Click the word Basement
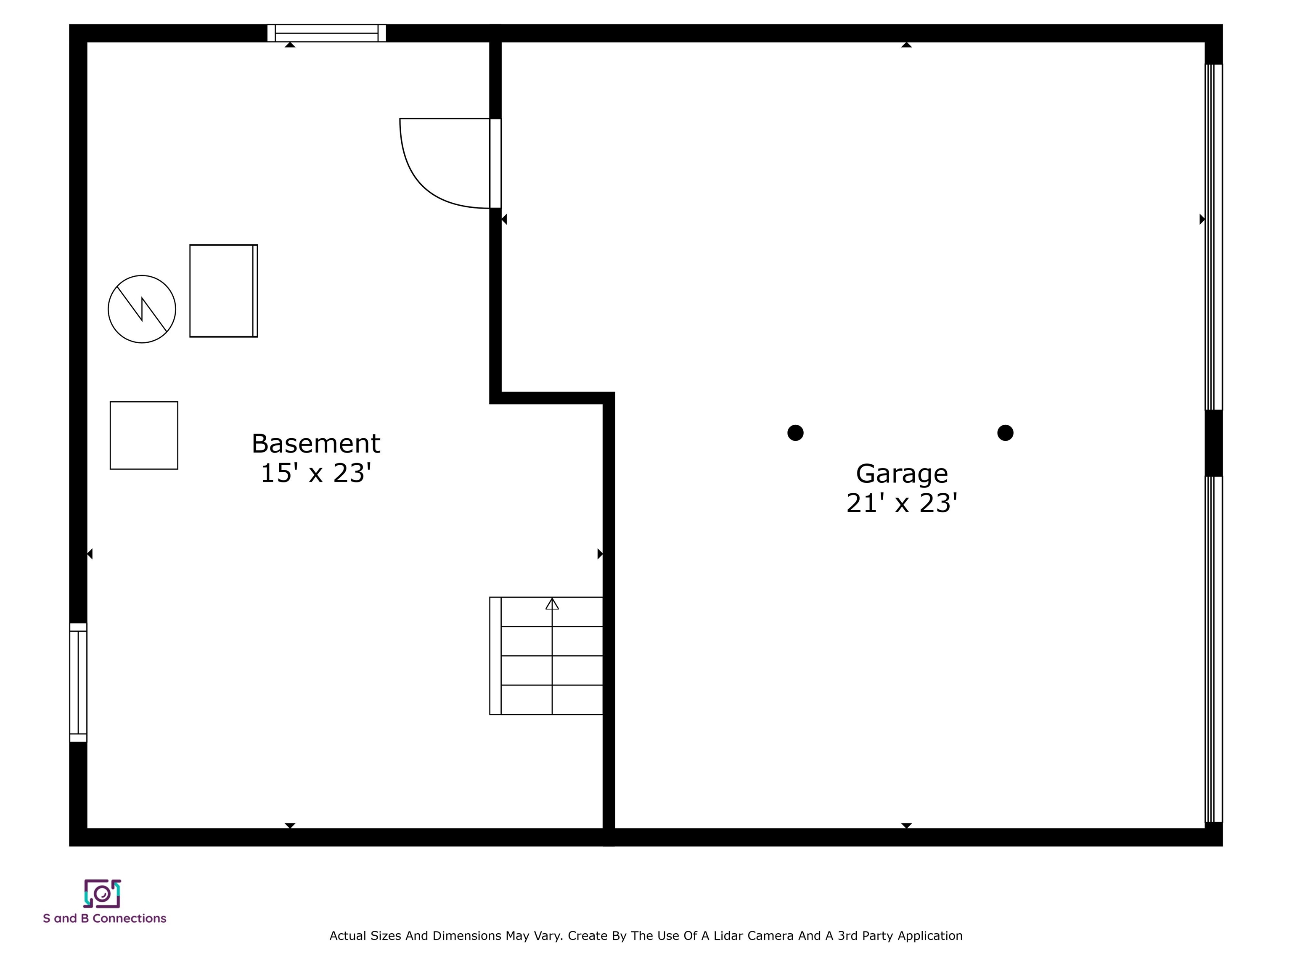315,444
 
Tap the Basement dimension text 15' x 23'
315,474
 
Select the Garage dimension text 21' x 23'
902,503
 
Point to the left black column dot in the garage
796,433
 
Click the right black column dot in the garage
1005,433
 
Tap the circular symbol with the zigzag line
142,309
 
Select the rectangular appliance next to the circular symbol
224,291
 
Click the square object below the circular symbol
144,435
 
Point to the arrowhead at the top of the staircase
552,604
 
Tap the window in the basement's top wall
326,33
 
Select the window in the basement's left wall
78,682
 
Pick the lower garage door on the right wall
1214,649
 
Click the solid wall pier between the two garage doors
1214,443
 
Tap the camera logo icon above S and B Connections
102,894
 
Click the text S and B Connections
105,918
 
